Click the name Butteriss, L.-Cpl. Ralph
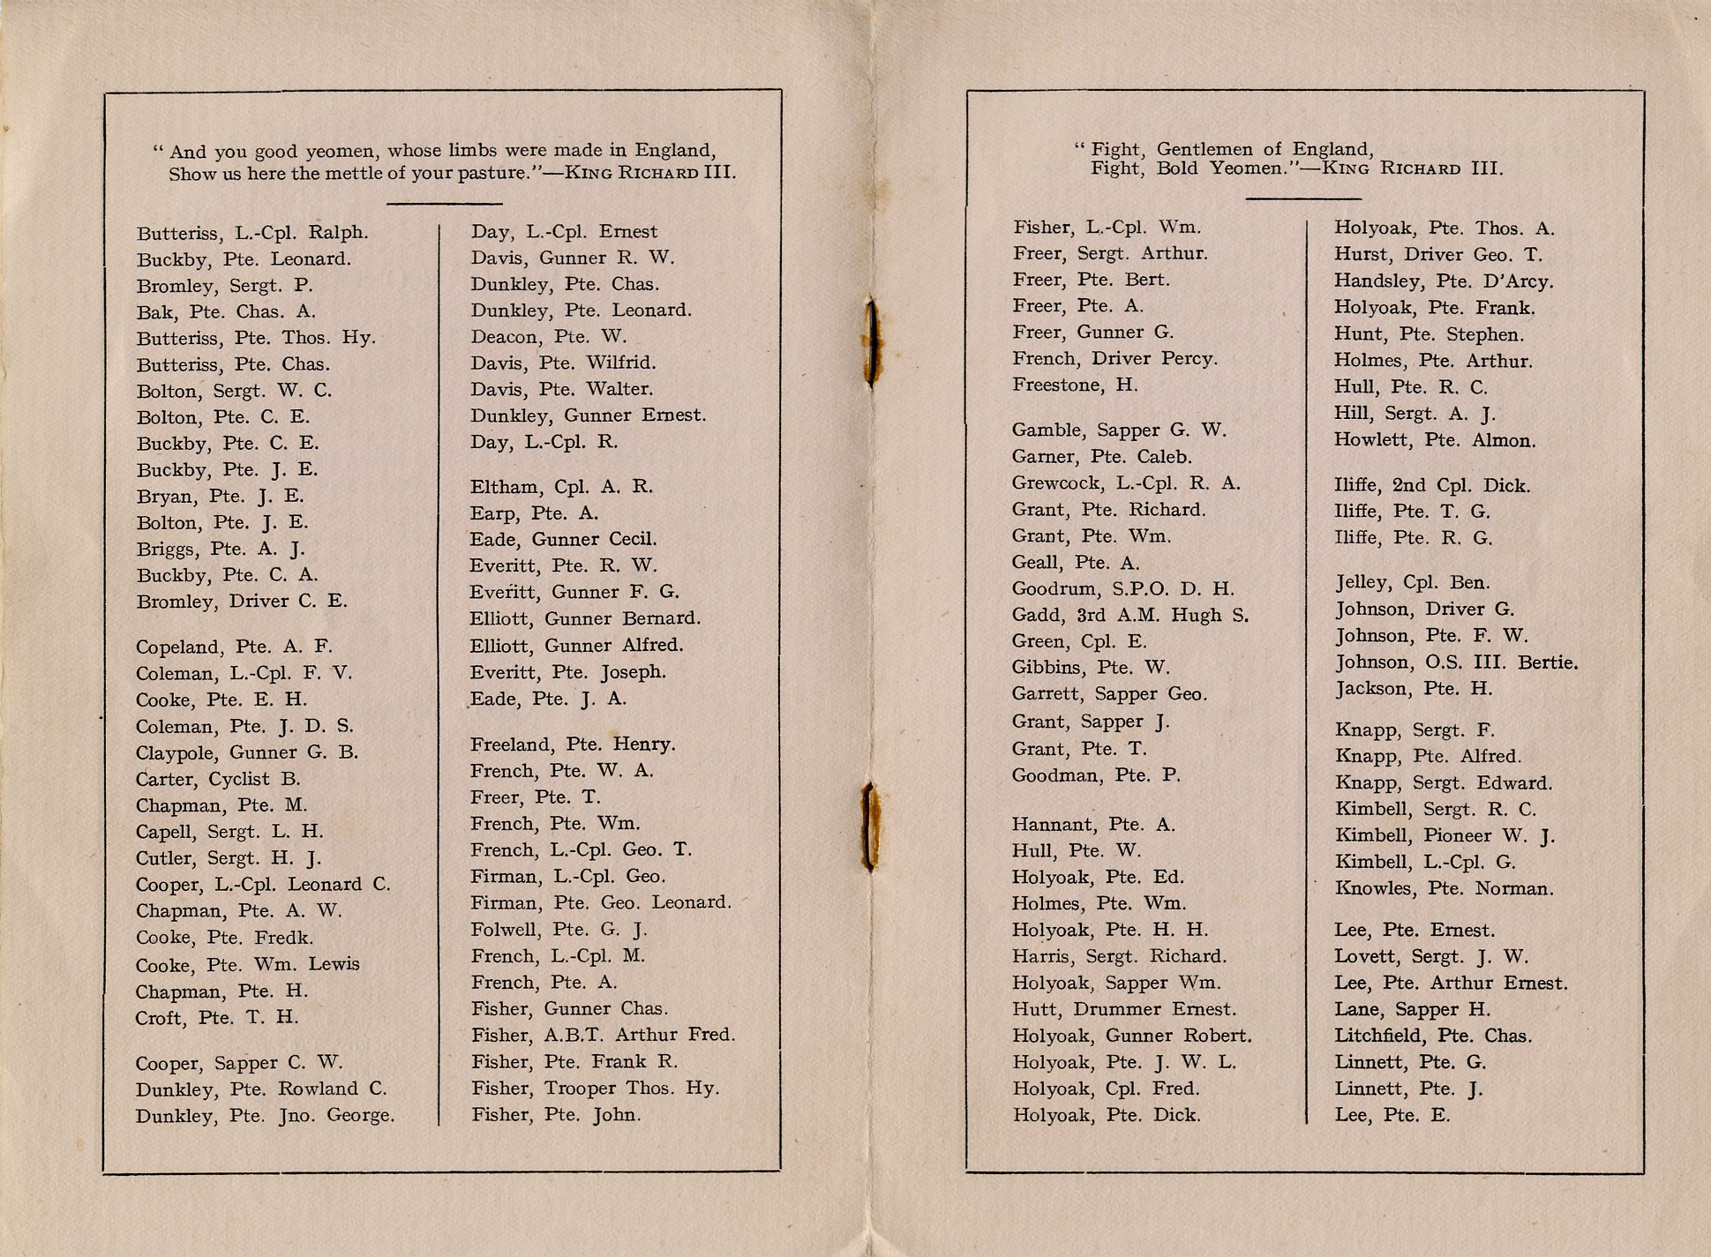(x=252, y=233)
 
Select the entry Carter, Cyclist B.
(x=218, y=779)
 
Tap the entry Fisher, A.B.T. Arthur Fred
(x=603, y=1035)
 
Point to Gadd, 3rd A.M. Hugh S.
(x=1129, y=615)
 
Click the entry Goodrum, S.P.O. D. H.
(x=1122, y=588)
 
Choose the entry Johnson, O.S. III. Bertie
(x=1456, y=662)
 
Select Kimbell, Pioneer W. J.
(x=1445, y=835)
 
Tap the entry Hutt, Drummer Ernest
(x=1123, y=1009)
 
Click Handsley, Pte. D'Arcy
(x=1444, y=281)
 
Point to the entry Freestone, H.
(x=1075, y=385)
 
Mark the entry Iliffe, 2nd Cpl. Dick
(x=1431, y=485)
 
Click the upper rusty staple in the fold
(x=872, y=342)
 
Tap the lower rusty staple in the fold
(x=870, y=827)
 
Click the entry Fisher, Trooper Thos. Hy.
(x=595, y=1088)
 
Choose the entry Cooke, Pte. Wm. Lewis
(x=247, y=964)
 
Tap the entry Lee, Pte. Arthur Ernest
(x=1451, y=983)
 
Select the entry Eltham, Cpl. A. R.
(x=561, y=486)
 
